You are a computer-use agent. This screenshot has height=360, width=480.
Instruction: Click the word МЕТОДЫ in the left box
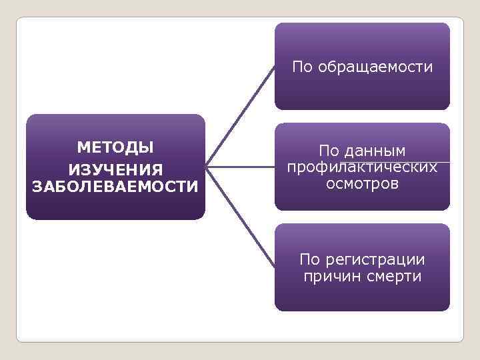click(x=115, y=147)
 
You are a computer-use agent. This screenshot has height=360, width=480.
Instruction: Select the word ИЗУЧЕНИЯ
click(x=115, y=167)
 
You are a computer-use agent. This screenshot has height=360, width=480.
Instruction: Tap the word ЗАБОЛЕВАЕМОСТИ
click(x=115, y=186)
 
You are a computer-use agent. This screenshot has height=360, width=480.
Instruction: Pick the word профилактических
click(x=362, y=167)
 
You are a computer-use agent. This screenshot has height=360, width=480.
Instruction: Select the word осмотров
click(x=362, y=183)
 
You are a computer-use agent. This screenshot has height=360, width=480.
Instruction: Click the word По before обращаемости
click(x=303, y=67)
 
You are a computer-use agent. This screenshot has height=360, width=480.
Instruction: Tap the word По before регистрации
click(x=312, y=259)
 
